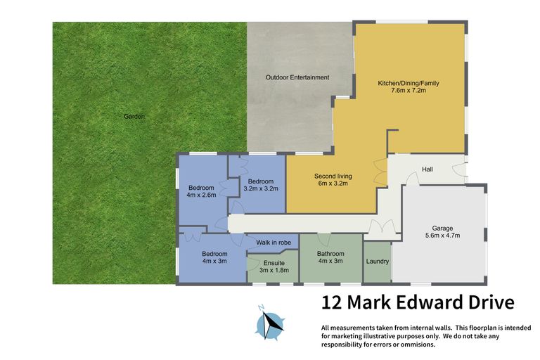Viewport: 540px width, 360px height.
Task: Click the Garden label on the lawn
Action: (x=134, y=117)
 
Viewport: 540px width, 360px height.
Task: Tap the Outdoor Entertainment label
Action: (x=297, y=77)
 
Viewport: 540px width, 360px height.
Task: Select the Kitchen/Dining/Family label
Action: (x=409, y=83)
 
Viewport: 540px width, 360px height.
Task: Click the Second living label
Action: (x=333, y=176)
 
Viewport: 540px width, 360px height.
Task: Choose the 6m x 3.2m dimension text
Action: (x=333, y=184)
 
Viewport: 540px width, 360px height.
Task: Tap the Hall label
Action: (x=427, y=169)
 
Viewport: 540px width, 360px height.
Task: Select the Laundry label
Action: (x=378, y=262)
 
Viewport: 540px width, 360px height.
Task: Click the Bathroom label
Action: (x=330, y=254)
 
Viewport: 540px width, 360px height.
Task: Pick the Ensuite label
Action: (x=274, y=263)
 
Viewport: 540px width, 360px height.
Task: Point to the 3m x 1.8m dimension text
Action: (x=274, y=271)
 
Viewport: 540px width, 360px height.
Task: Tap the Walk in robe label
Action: (x=274, y=243)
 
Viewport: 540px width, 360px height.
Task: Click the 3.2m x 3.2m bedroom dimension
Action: (x=262, y=188)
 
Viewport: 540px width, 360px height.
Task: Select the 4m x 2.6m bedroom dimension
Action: (x=202, y=196)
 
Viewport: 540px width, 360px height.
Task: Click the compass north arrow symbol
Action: (x=270, y=323)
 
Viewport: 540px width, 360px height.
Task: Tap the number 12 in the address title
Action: (x=333, y=303)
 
